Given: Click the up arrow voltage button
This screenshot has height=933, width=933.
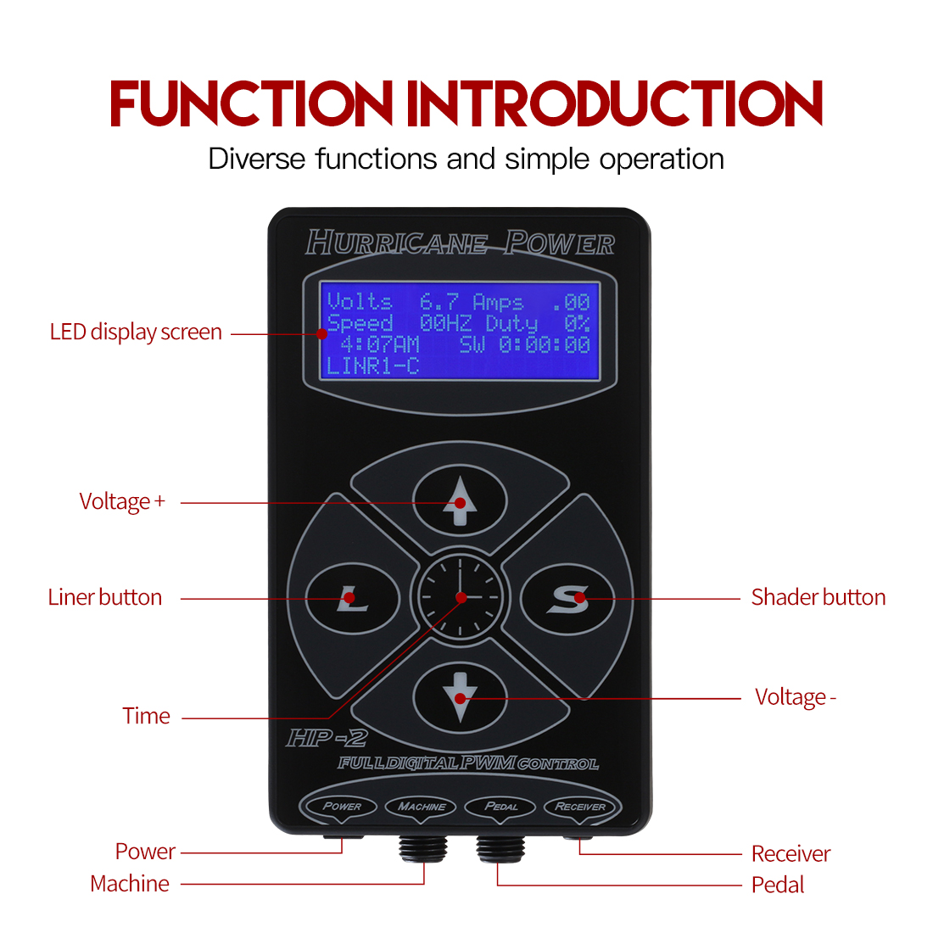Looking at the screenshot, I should pyautogui.click(x=460, y=500).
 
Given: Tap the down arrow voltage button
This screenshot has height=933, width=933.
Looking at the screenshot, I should pyautogui.click(x=460, y=697).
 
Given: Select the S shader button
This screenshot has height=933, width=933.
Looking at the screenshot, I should pyautogui.click(x=567, y=599).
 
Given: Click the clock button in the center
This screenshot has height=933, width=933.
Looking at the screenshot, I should pyautogui.click(x=459, y=597).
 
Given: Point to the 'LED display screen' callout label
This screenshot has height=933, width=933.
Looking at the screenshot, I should pyautogui.click(x=136, y=332).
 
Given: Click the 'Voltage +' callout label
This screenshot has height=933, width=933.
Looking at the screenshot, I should pyautogui.click(x=122, y=501).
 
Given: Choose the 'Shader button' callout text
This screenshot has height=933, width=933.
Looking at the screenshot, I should pyautogui.click(x=818, y=597).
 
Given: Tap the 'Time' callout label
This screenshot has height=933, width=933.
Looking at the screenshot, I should pyautogui.click(x=146, y=716).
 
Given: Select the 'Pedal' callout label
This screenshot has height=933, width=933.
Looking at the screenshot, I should pyautogui.click(x=777, y=885).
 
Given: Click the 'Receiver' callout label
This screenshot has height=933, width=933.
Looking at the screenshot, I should pyautogui.click(x=791, y=853).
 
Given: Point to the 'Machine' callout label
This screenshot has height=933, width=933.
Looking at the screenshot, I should pyautogui.click(x=130, y=884).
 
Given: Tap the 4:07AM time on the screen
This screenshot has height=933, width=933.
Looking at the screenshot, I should pyautogui.click(x=380, y=344).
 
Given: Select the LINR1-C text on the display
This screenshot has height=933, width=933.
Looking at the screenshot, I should pyautogui.click(x=373, y=366).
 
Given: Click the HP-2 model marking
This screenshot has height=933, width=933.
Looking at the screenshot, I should pyautogui.click(x=327, y=738).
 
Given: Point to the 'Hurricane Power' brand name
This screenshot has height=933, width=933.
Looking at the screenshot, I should pyautogui.click(x=460, y=243).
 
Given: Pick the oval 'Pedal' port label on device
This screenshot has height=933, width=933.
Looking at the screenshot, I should pyautogui.click(x=501, y=807).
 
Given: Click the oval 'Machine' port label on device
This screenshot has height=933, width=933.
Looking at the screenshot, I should pyautogui.click(x=422, y=807).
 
